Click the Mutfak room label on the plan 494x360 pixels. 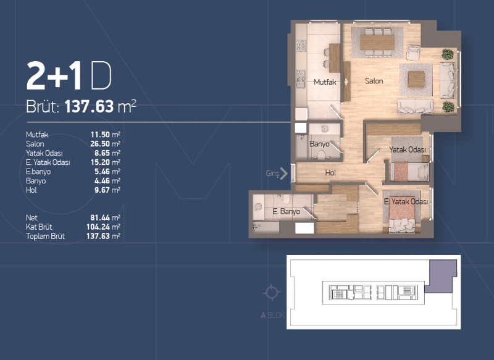point(325,82)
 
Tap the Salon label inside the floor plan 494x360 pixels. point(374,81)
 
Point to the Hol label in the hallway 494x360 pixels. point(330,173)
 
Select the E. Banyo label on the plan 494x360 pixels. point(286,211)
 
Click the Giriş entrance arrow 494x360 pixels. point(284,174)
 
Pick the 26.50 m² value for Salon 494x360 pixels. point(105,144)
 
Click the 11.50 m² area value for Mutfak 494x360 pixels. point(105,135)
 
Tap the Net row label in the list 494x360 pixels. point(31,217)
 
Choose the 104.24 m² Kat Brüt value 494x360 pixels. point(103,227)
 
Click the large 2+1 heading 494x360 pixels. point(54,76)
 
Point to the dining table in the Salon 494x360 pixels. point(377,42)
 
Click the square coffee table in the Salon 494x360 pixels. point(416,80)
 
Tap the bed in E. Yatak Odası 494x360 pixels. point(402,214)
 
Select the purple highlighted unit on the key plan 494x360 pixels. point(440,276)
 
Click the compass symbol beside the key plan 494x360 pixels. point(271,292)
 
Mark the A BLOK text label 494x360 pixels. point(273,315)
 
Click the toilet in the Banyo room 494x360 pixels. point(321,155)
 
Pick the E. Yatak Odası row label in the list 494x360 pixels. point(48,162)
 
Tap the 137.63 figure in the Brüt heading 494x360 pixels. point(89,106)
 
